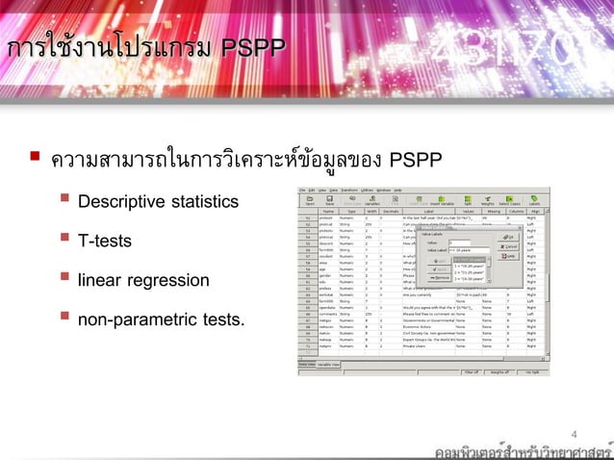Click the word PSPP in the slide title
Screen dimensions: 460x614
(239, 47)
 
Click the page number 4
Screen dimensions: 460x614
(576, 433)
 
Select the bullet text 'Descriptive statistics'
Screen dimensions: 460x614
(158, 202)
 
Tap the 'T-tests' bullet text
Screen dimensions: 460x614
(105, 241)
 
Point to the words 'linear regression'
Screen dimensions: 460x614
(143, 280)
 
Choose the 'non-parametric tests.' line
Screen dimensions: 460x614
(161, 319)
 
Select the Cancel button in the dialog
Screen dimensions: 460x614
(511, 246)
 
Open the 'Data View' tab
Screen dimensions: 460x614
(307, 365)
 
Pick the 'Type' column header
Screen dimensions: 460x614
(351, 211)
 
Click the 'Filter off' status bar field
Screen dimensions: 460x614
(471, 371)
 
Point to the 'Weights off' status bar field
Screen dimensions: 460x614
(502, 371)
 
